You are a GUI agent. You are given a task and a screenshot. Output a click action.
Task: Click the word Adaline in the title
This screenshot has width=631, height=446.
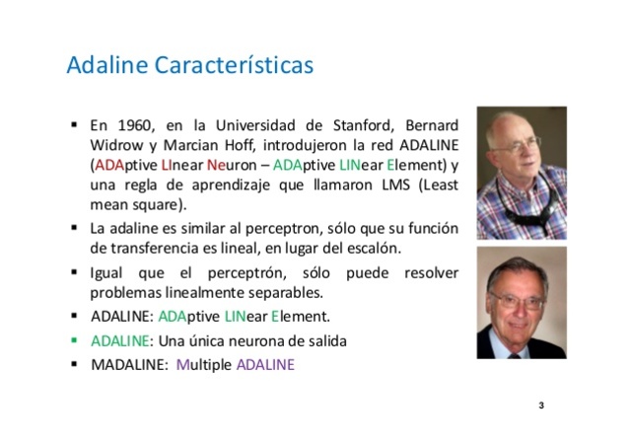(x=103, y=66)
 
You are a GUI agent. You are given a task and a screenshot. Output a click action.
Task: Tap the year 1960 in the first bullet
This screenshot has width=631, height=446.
(x=136, y=126)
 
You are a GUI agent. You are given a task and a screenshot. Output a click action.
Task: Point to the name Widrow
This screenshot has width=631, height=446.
(x=114, y=146)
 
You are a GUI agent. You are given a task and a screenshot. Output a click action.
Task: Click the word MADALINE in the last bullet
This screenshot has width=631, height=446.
(x=125, y=364)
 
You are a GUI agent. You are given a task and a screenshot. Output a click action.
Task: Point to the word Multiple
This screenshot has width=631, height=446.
(x=203, y=364)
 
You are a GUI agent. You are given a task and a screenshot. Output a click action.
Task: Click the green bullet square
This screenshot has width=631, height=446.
(x=74, y=339)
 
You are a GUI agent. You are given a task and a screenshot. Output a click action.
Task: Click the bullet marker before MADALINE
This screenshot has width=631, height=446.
(x=74, y=363)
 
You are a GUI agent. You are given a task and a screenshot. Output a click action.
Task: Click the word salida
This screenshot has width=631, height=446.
(x=325, y=340)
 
